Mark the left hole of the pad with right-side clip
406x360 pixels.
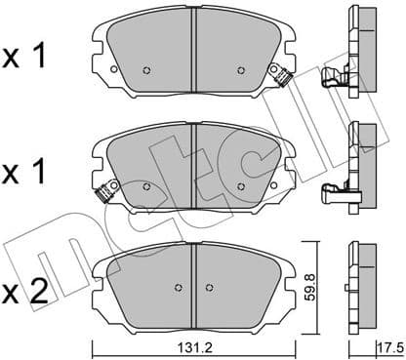146,70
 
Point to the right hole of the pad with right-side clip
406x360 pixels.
240,70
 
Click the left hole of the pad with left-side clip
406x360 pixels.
146,184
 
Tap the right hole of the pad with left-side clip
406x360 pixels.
240,184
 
